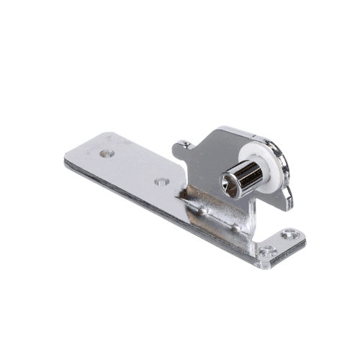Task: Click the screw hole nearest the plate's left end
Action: click(107, 153)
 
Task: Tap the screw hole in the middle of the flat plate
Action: click(161, 181)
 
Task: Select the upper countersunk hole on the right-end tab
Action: click(289, 234)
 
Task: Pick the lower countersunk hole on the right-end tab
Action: click(268, 251)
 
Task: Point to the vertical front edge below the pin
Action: click(252, 216)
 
